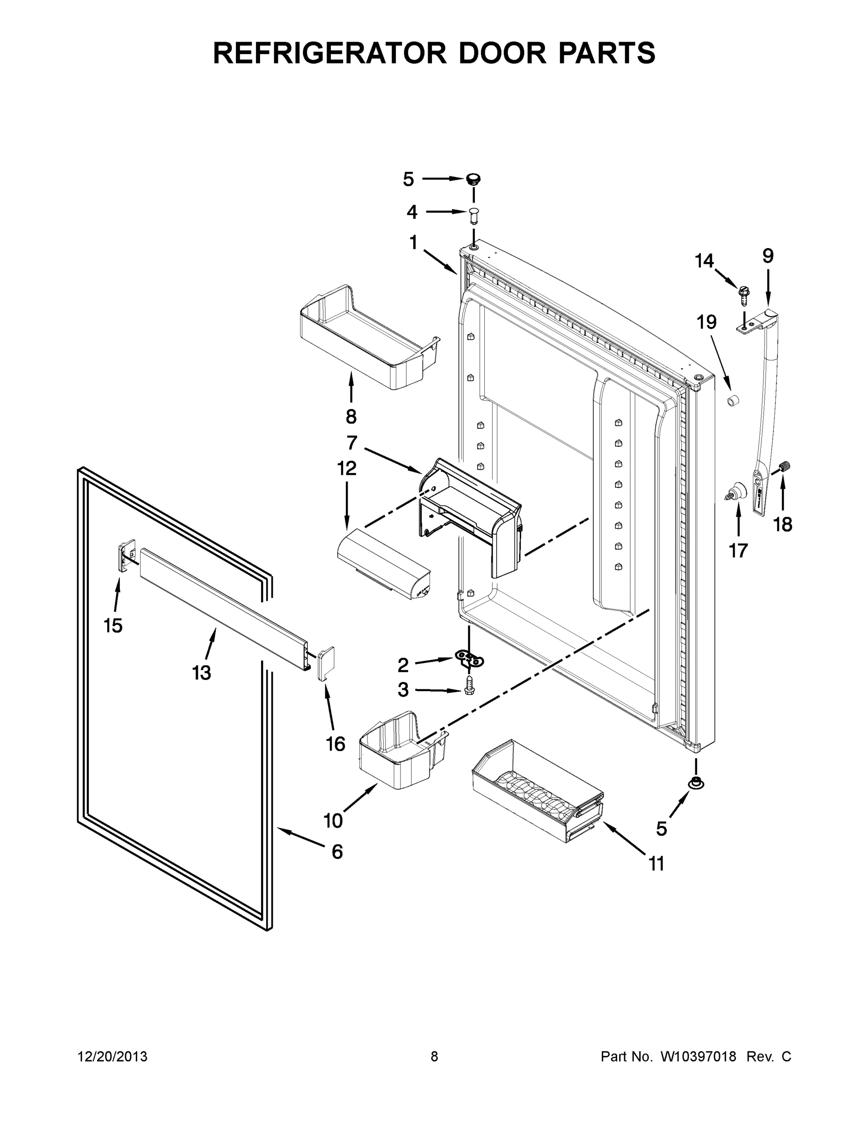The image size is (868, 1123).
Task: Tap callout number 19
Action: [x=707, y=323]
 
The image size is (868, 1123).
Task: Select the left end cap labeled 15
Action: [x=126, y=555]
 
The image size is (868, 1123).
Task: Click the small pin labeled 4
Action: [x=474, y=215]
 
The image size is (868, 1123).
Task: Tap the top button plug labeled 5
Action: [x=474, y=180]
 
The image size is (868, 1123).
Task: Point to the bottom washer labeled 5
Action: [x=696, y=783]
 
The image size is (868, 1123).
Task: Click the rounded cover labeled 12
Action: [x=383, y=566]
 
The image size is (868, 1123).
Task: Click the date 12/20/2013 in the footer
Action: [x=113, y=1057]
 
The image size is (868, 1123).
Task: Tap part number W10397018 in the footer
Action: [x=698, y=1057]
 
